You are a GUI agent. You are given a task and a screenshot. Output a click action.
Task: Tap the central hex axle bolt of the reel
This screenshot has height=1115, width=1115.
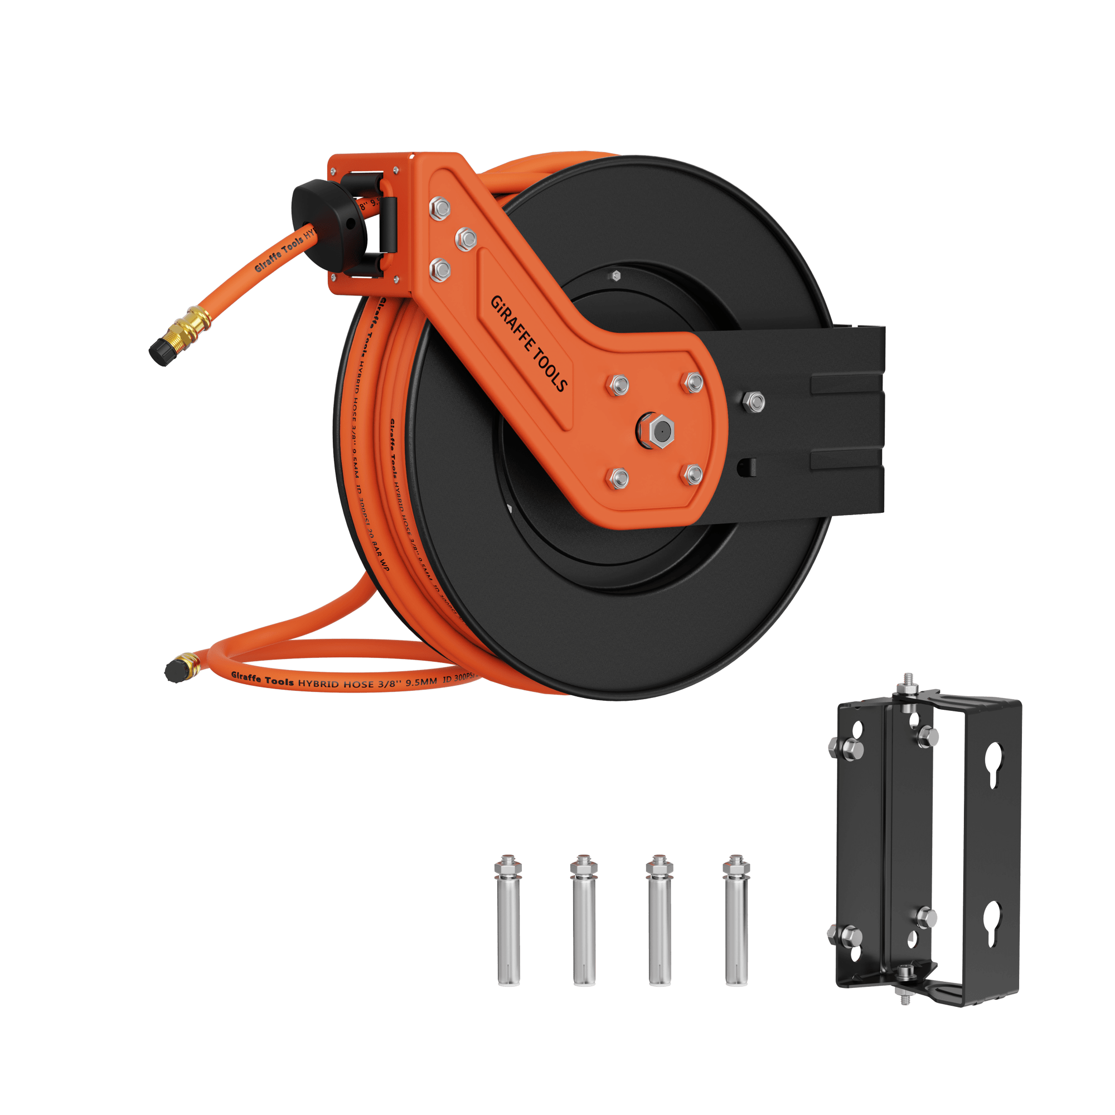658,429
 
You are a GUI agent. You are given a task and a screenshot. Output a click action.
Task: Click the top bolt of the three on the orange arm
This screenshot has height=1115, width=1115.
440,208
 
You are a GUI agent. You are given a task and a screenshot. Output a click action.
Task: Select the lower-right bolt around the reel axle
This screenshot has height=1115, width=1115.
693,474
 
